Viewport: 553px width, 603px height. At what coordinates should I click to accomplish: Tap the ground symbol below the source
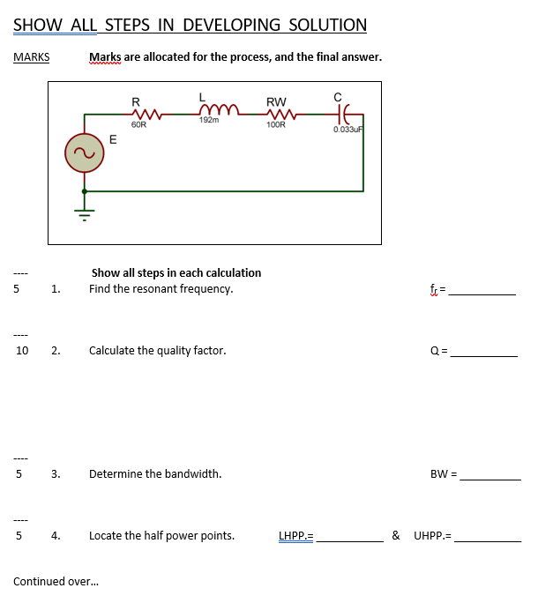85,212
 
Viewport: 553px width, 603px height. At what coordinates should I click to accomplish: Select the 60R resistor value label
138,126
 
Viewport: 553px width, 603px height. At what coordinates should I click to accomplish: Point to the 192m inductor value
209,121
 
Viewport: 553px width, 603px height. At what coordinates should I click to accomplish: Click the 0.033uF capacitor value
348,130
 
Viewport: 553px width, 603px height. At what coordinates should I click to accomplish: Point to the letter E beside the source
112,138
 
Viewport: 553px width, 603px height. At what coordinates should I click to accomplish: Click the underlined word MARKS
32,57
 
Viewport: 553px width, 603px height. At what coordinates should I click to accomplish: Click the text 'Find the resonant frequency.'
161,289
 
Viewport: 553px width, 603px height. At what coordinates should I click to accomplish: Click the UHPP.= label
432,535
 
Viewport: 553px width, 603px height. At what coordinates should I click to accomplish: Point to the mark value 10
22,351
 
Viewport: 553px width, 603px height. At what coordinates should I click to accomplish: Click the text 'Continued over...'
56,582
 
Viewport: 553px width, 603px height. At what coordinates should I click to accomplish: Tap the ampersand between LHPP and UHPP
396,535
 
